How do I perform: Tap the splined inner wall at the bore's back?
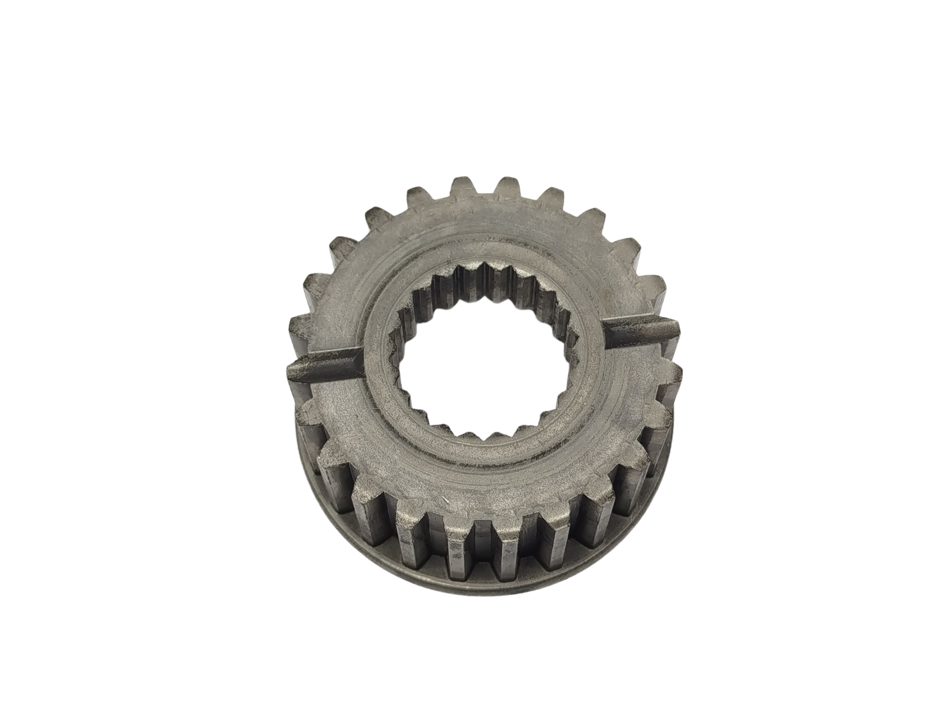(484, 281)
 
